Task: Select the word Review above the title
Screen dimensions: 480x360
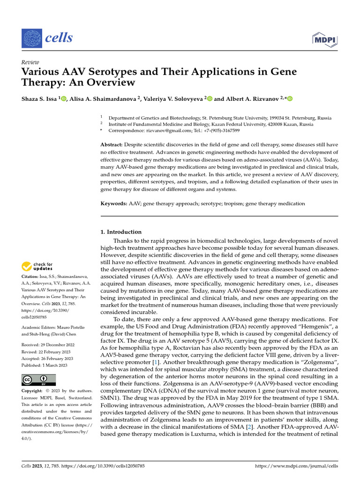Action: pyautogui.click(x=30, y=62)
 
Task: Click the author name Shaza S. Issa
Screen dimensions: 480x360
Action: pyautogui.click(x=39, y=98)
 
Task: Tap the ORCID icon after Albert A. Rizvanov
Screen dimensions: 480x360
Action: pyautogui.click(x=289, y=98)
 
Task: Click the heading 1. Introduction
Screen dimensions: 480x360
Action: pyautogui.click(x=121, y=232)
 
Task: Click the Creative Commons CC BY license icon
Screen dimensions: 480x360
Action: pyautogui.click(x=38, y=380)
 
